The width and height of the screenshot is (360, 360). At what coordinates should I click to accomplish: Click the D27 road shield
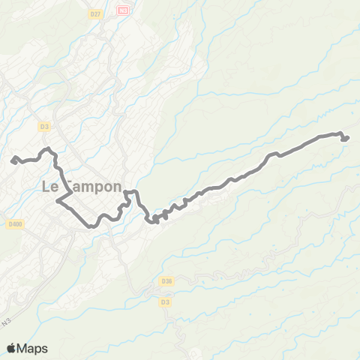point(94,13)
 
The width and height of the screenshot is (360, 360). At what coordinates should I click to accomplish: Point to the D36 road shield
point(167,281)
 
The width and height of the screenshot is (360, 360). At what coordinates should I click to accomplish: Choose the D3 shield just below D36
point(165,301)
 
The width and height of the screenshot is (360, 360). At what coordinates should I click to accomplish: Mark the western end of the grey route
point(13,158)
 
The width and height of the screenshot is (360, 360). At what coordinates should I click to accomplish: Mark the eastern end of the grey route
point(347,137)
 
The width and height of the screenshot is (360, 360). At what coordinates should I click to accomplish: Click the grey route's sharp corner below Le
point(58,203)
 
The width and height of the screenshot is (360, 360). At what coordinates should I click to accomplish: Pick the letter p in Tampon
point(95,189)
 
